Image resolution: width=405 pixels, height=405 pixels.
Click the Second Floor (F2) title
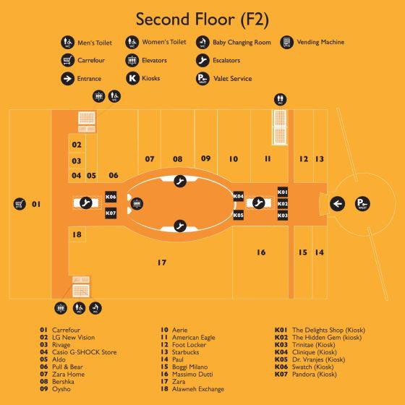tap(202, 20)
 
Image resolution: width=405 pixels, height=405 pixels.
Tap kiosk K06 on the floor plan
tap(111, 197)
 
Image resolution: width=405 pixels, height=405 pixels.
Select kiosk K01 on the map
tap(283, 192)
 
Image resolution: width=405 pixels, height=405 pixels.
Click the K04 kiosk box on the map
tap(238, 196)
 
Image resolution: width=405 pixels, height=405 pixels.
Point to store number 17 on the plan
tap(162, 263)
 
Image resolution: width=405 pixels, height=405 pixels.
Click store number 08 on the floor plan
tap(178, 159)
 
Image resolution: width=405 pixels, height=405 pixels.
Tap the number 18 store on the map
tap(77, 234)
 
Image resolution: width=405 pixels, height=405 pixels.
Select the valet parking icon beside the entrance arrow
tap(362, 203)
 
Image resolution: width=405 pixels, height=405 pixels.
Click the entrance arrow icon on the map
tap(337, 204)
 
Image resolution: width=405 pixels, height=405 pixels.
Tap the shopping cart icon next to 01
tap(20, 204)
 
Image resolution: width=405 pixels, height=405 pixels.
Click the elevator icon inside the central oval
tap(137, 204)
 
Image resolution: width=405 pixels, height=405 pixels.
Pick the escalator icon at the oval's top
tap(180, 181)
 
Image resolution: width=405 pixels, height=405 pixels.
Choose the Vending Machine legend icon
tap(286, 42)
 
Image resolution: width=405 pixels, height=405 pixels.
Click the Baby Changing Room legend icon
tap(202, 42)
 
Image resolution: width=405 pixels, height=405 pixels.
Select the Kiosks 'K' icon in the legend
tap(132, 78)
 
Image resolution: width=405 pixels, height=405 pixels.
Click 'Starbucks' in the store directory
tap(185, 352)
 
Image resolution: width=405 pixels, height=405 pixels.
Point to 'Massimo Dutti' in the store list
tap(192, 375)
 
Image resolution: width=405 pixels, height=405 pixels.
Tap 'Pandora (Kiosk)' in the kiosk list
tap(315, 375)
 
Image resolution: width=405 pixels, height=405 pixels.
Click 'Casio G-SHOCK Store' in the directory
tap(85, 352)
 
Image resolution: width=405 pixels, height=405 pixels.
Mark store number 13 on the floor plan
tap(320, 159)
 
